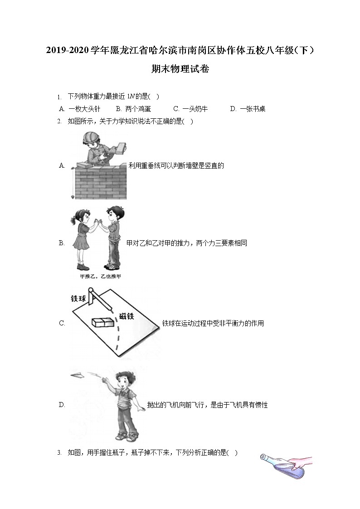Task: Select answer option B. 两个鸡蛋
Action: coord(133,109)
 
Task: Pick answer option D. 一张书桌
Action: coord(248,109)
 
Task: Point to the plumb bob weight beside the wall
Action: coord(73,197)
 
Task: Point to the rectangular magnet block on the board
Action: coord(102,322)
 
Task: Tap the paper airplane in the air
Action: coord(78,374)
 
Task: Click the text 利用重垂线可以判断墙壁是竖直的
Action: coord(176,165)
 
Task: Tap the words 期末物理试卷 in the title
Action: coord(180,69)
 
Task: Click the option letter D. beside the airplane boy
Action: coord(62,405)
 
